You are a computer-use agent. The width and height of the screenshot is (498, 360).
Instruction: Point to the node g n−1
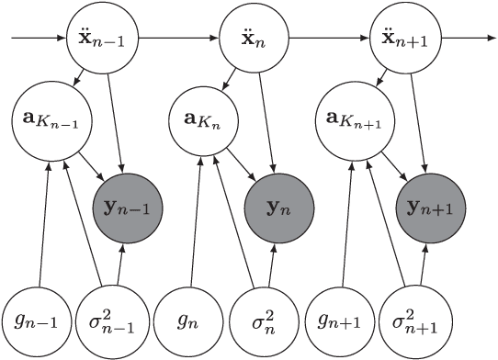click(37, 321)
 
